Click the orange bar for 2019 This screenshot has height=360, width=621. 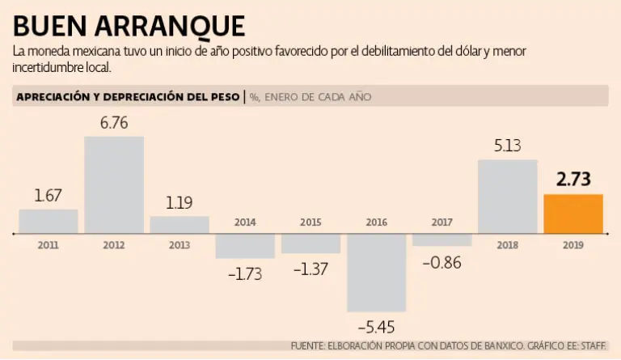(x=573, y=214)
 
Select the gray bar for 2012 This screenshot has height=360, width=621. (x=114, y=184)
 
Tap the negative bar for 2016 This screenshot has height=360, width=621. (x=376, y=273)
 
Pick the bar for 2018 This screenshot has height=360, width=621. (x=507, y=196)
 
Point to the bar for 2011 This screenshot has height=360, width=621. (x=49, y=221)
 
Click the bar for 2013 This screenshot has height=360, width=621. (x=180, y=224)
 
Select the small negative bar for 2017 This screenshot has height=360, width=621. (x=441, y=240)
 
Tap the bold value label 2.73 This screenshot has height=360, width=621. (x=573, y=180)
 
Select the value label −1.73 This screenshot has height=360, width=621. (x=245, y=273)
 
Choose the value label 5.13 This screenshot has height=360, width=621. (x=507, y=146)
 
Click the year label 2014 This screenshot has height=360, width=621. (x=245, y=222)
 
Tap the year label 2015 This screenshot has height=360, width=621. (x=310, y=222)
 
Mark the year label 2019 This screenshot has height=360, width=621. (x=573, y=244)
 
